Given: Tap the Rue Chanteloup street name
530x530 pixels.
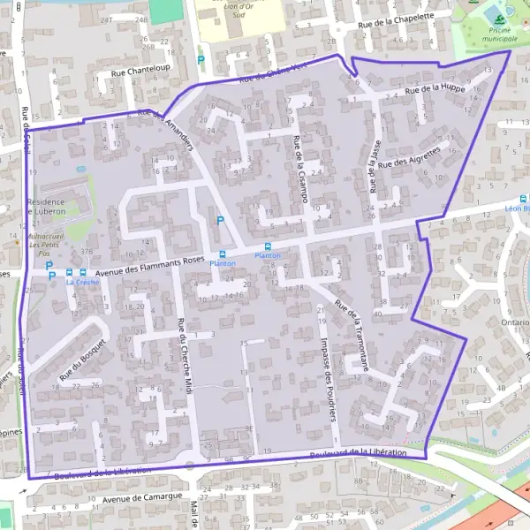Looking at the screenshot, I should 140,74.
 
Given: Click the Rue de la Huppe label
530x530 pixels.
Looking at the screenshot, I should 435,89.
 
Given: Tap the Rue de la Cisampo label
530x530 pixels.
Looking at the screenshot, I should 299,170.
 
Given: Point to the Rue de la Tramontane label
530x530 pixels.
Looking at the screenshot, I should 352,337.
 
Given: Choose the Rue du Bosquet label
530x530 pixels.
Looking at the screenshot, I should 82,360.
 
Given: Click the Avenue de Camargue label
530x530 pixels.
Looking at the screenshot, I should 135,499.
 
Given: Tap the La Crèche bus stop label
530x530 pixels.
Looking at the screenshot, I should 82,283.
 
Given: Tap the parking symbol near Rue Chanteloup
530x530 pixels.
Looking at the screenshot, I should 201,62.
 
